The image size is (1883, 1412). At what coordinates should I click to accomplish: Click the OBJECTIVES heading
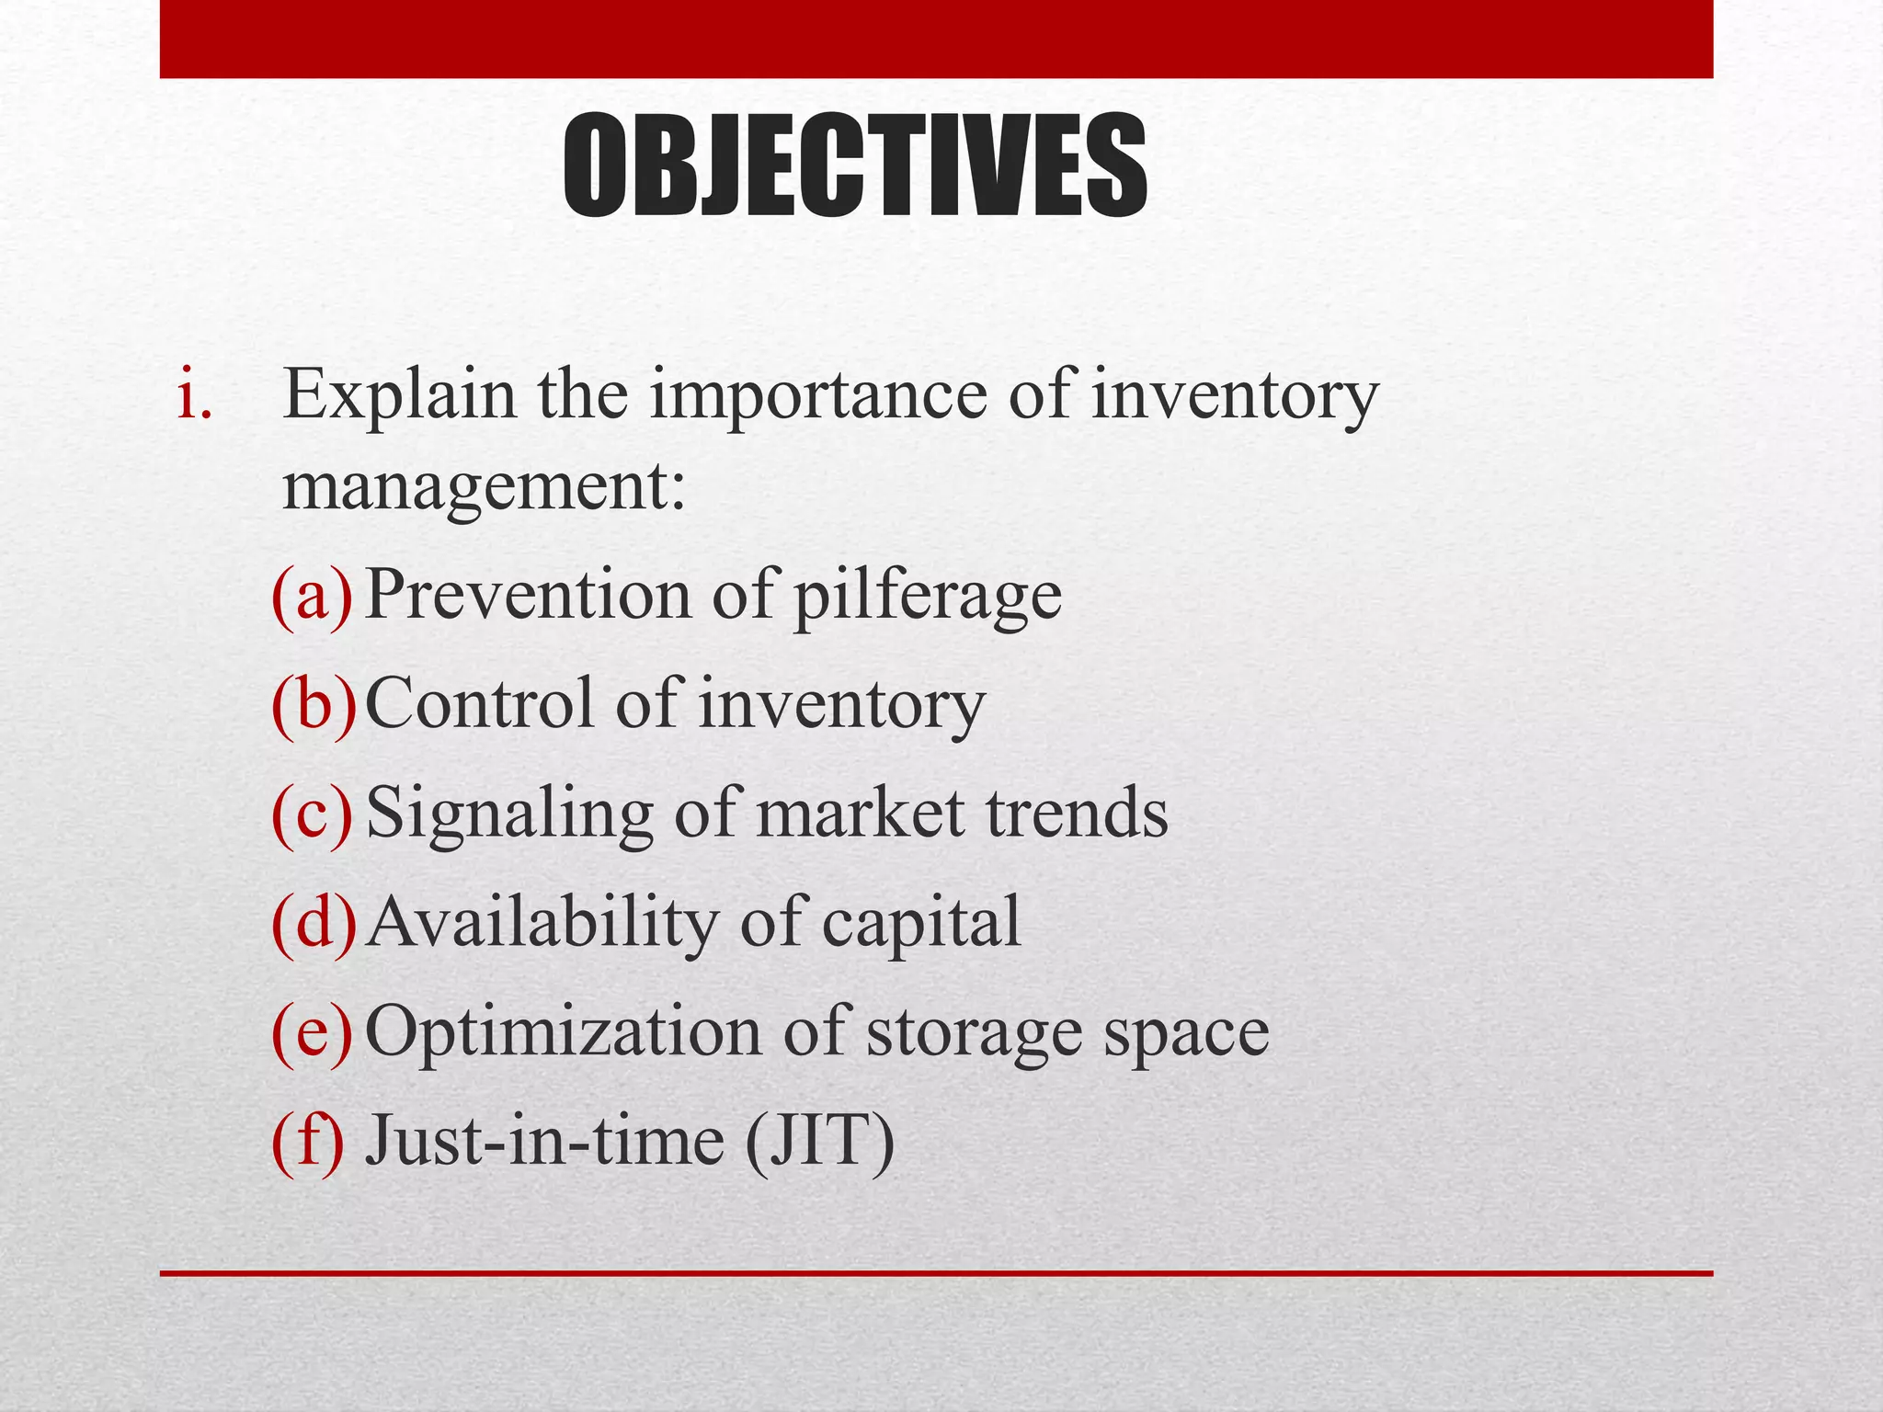(x=855, y=165)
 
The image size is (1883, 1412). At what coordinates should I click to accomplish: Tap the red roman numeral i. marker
(x=195, y=397)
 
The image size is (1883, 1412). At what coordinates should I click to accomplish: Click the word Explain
(x=399, y=397)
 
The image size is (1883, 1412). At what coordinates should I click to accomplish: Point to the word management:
(x=484, y=487)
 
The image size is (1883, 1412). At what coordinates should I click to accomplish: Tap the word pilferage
(x=927, y=598)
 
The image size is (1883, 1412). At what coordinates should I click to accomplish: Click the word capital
(x=920, y=924)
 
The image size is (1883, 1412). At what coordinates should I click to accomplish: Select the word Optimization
(x=564, y=1033)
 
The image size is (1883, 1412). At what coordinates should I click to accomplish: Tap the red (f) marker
(x=308, y=1141)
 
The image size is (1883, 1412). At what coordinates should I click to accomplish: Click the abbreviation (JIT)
(x=819, y=1141)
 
